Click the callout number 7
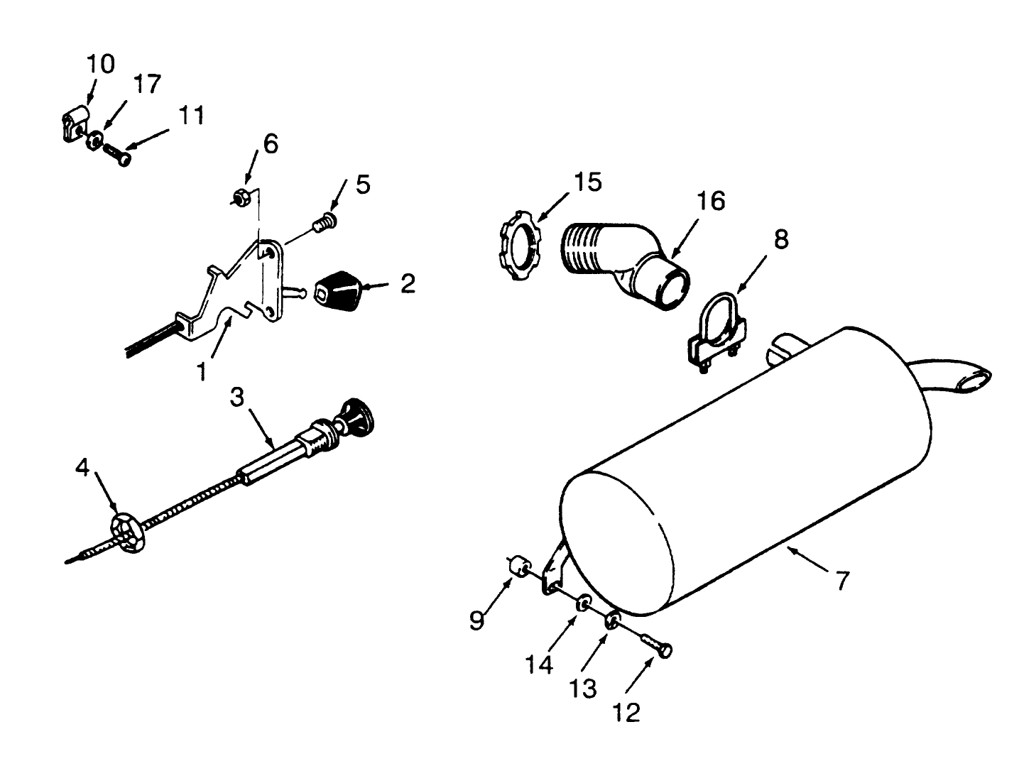(x=842, y=580)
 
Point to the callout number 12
(x=628, y=711)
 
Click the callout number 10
(x=100, y=64)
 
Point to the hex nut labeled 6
(x=241, y=197)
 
